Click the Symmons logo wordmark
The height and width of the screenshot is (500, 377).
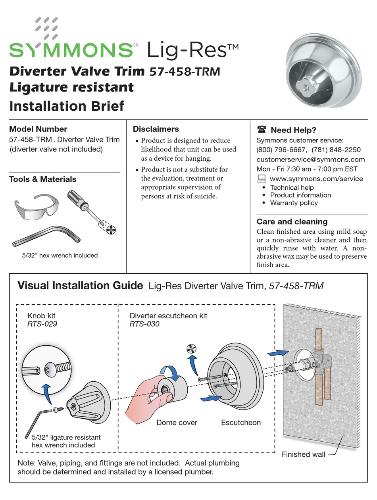71,50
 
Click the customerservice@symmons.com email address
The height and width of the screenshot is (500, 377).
310,160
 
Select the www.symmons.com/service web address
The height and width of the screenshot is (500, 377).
316,179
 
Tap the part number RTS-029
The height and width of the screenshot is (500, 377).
42,324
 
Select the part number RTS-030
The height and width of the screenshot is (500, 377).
144,324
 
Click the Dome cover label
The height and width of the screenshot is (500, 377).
177,423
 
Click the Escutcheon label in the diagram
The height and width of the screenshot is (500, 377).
241,423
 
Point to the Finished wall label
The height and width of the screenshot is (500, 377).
303,454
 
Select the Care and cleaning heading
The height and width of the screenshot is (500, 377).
292,222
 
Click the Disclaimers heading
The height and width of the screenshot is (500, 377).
156,129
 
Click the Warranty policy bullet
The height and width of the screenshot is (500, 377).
294,203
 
